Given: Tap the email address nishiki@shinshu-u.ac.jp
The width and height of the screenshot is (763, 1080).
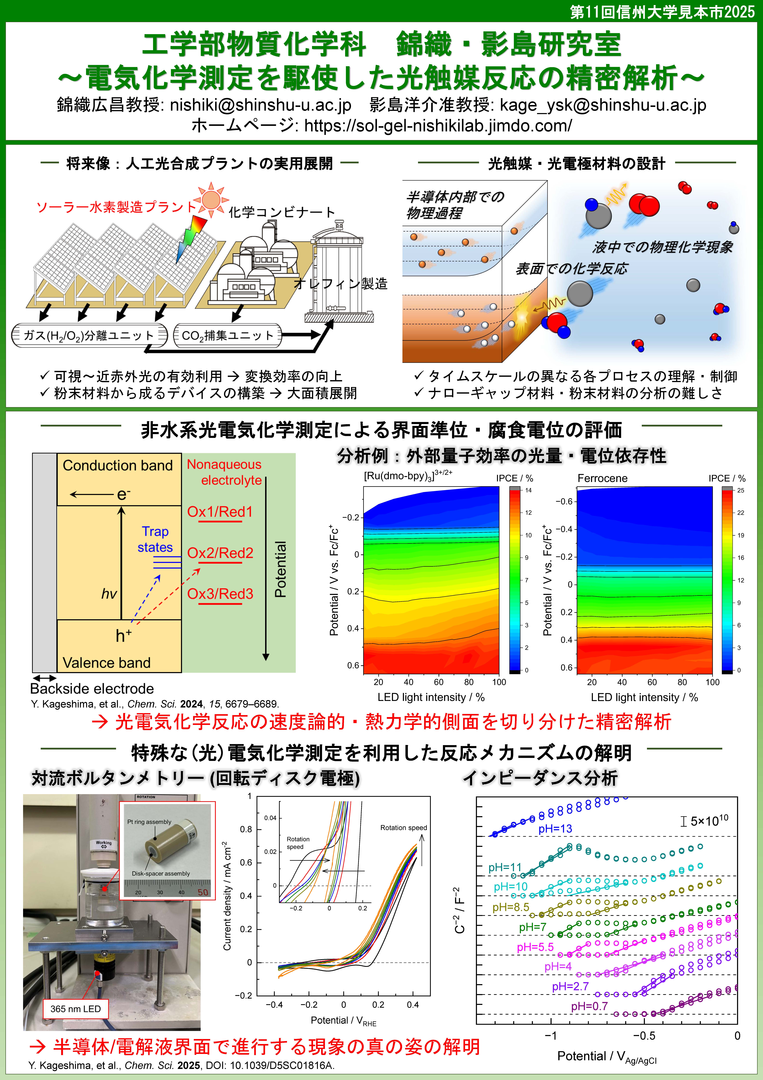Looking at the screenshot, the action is click(261, 105).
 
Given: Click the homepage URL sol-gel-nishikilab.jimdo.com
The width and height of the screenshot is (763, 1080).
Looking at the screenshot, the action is click(438, 126).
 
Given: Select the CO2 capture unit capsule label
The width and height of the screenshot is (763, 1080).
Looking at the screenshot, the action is click(228, 335).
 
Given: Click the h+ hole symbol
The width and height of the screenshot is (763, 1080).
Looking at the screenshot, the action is click(124, 636).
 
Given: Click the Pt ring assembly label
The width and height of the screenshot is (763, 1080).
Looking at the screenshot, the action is click(149, 822).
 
